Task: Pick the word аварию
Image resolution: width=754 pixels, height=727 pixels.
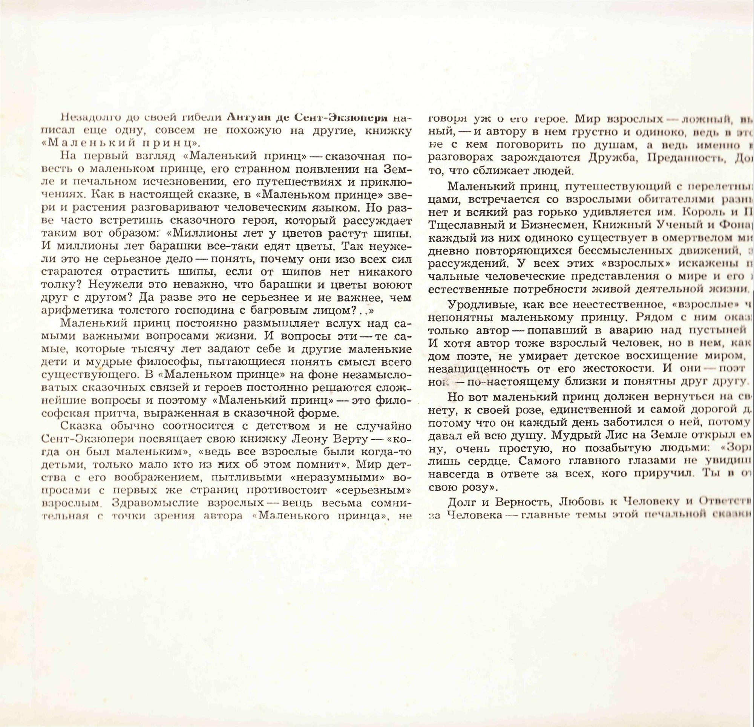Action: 629,331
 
